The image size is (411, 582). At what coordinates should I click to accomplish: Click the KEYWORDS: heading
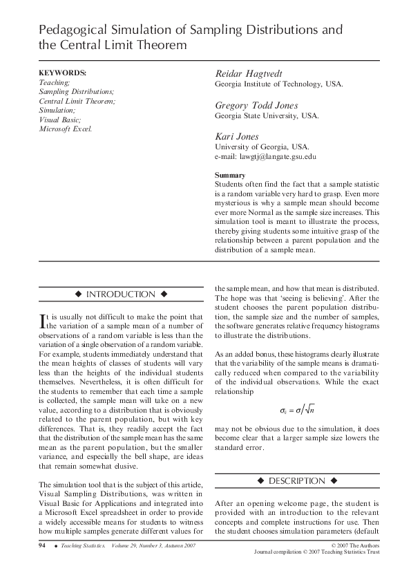click(62, 73)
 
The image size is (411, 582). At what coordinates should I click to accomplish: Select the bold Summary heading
click(230, 175)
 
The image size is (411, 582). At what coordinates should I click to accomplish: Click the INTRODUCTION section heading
click(120, 294)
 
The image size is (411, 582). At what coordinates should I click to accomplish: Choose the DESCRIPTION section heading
click(296, 480)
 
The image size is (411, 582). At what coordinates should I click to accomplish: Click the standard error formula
click(297, 409)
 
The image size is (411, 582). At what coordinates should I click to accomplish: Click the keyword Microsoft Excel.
click(65, 128)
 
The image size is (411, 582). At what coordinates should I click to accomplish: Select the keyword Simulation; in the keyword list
click(57, 110)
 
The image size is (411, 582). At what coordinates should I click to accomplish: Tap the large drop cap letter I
click(41, 319)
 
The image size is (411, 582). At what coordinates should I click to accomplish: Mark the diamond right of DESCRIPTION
click(334, 480)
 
